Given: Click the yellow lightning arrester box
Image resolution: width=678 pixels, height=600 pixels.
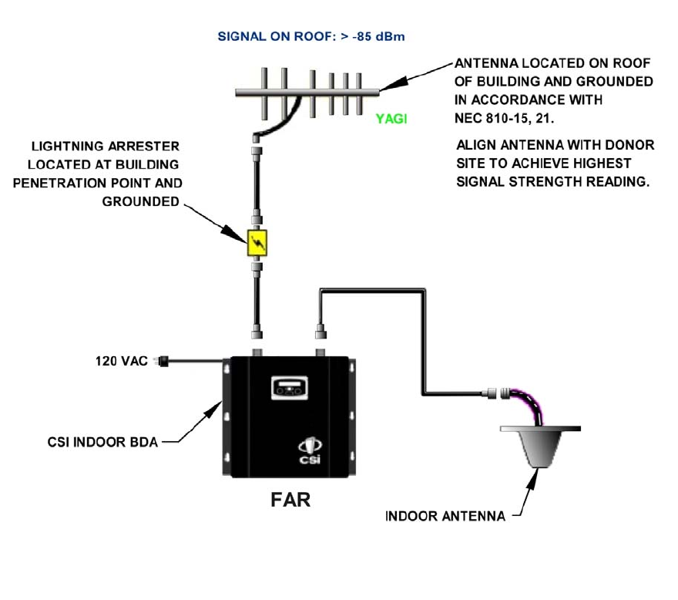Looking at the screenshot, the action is coord(257,243).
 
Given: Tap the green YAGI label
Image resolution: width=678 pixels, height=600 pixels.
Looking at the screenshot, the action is coord(391,119).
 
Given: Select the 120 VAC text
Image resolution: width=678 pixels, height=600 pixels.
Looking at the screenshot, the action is coord(122,361).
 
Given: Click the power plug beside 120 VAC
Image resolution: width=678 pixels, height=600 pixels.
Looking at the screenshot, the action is coord(161,361).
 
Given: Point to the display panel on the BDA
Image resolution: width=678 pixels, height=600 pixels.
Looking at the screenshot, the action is coord(290,387).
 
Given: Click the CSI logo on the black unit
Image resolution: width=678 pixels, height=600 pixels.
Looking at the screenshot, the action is coord(310,451).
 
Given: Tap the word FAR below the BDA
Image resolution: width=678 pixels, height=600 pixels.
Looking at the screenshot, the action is coord(290,500).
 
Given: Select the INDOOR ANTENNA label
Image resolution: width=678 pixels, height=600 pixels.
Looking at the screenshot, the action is coord(445,516).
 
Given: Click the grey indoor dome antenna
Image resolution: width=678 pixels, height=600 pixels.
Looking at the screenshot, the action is coord(541,447).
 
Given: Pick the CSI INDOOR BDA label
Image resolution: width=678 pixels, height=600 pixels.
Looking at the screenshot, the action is coord(102,442).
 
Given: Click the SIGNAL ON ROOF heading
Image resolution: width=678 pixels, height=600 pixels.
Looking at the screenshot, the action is coord(277,36).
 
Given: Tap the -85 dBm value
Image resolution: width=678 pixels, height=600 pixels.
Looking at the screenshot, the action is coord(379,36).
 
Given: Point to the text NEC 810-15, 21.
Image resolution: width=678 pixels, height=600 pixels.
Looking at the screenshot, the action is coord(504,118).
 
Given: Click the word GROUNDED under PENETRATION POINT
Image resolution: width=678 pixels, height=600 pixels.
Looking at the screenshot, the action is coord(140,201).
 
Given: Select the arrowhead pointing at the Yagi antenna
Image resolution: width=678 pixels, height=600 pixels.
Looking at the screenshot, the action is coord(394,84).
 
